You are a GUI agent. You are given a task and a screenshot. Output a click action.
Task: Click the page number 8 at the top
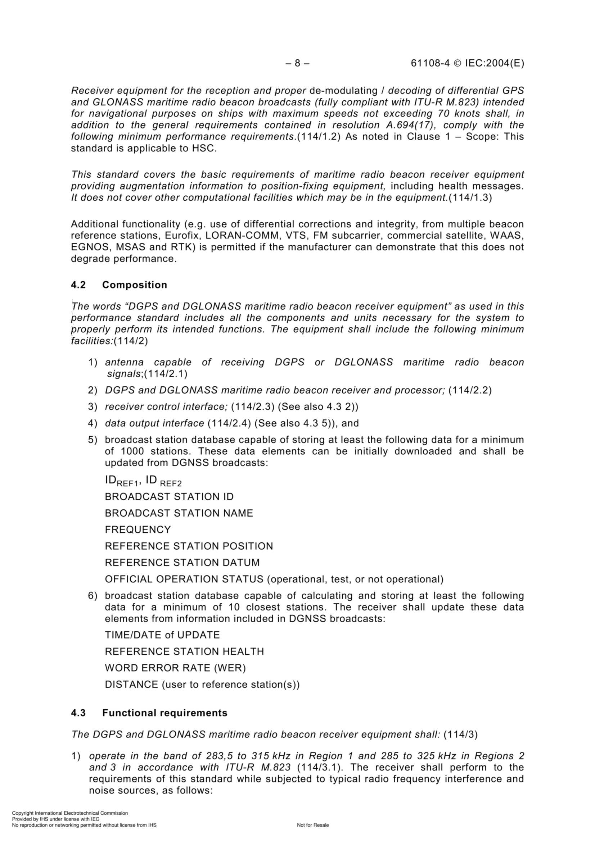[x=297, y=63]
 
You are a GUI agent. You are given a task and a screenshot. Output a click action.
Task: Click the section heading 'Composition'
[x=135, y=285]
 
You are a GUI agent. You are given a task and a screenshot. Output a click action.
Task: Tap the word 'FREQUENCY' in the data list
[x=138, y=529]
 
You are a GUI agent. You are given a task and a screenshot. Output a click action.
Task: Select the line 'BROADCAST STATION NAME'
[x=179, y=513]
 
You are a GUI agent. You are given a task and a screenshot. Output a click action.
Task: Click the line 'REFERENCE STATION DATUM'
[x=182, y=563]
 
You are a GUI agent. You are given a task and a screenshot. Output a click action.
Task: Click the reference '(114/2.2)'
[x=470, y=390]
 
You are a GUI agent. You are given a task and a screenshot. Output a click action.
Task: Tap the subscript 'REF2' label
[x=171, y=483]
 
